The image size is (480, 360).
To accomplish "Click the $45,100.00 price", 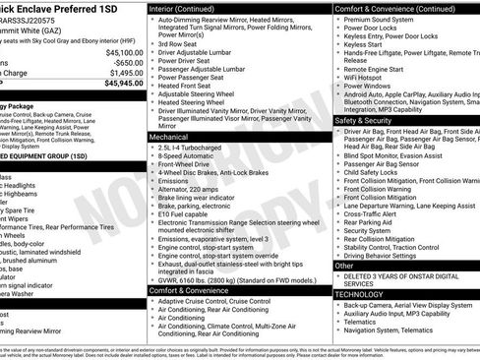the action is tap(122, 53).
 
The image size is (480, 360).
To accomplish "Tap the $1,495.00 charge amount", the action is tap(124, 72).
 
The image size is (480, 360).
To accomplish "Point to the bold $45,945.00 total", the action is tap(122, 83).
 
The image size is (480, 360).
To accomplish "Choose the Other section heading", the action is tap(345, 266).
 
